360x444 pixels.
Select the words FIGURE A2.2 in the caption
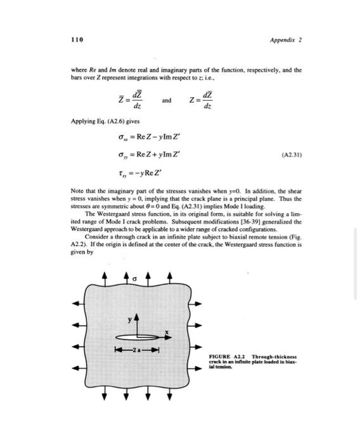coord(226,356)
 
